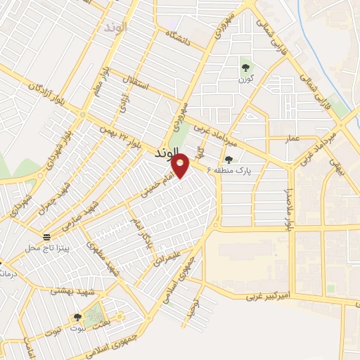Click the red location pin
pos(181,166)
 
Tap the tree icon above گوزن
pos(245,68)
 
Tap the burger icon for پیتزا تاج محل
pos(46,237)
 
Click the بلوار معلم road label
pos(100,82)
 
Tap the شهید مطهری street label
pos(101,258)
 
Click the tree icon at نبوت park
pos(77,319)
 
